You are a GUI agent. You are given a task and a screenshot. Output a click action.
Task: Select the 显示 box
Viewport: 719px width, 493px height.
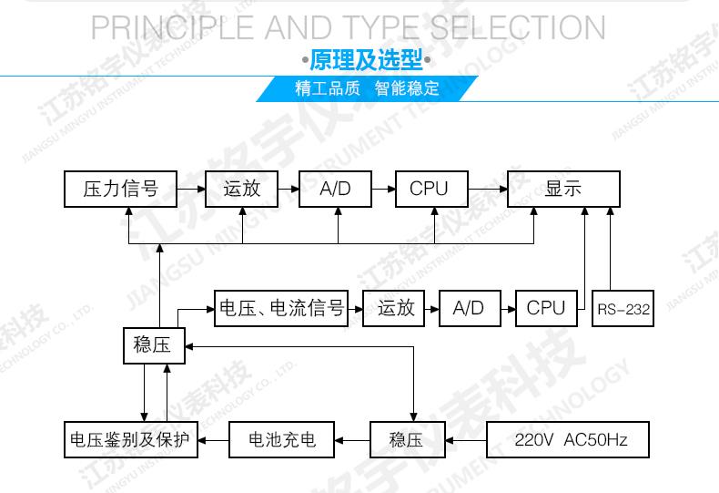coord(563,189)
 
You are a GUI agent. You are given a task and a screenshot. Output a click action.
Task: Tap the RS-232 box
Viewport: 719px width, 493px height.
coord(623,309)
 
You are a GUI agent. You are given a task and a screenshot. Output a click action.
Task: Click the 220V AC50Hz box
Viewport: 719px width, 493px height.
coord(570,441)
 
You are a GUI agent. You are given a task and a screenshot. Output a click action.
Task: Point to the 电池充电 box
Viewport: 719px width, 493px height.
coord(282,441)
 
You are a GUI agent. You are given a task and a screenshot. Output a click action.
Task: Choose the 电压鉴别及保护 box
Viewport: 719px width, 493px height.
coord(130,441)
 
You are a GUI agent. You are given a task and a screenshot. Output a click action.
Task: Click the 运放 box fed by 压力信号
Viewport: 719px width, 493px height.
coord(241,189)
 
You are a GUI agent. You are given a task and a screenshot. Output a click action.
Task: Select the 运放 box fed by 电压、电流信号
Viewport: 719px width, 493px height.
coord(396,308)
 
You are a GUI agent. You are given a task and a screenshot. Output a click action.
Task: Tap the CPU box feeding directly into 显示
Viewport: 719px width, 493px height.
coord(429,189)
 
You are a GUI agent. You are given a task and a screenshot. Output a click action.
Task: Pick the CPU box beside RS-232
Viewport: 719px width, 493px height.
coord(546,308)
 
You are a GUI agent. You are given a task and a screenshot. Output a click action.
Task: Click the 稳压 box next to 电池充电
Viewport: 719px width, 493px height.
coord(406,441)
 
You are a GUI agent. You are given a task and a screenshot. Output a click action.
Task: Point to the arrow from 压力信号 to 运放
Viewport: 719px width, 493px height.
coord(190,189)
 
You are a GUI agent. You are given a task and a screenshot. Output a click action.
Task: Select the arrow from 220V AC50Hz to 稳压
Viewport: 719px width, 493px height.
coord(466,441)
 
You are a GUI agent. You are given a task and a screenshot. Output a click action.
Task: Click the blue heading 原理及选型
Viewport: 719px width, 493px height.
coord(367,61)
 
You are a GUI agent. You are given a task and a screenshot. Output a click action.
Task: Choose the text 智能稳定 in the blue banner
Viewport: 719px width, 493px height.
coord(406,88)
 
